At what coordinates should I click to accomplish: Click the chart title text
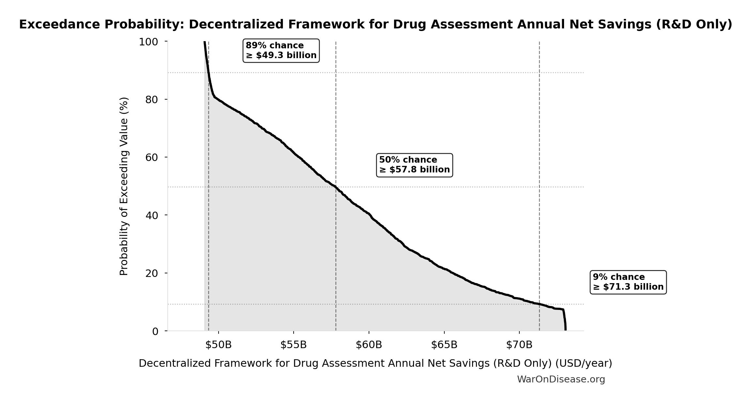(375, 24)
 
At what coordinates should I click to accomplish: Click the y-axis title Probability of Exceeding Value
(124, 186)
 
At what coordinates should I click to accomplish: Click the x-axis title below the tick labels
(375, 363)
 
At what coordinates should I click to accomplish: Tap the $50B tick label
(218, 345)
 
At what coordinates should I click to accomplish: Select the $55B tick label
(293, 345)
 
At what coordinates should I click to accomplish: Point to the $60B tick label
(369, 345)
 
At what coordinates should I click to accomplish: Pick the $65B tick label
(444, 345)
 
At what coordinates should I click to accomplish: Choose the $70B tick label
(519, 345)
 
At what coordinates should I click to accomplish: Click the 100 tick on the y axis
(148, 42)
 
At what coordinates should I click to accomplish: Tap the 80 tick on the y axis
(152, 100)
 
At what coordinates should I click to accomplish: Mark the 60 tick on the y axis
(152, 157)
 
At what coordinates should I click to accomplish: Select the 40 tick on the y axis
(152, 215)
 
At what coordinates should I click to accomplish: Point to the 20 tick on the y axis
(152, 273)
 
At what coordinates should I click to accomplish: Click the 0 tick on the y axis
(155, 331)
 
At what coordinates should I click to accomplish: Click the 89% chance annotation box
(281, 51)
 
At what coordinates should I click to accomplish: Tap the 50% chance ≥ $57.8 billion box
(414, 165)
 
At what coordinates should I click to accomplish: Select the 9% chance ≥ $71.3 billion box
(628, 282)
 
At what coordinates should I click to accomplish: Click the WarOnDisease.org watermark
(561, 379)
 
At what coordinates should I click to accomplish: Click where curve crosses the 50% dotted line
(335, 187)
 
